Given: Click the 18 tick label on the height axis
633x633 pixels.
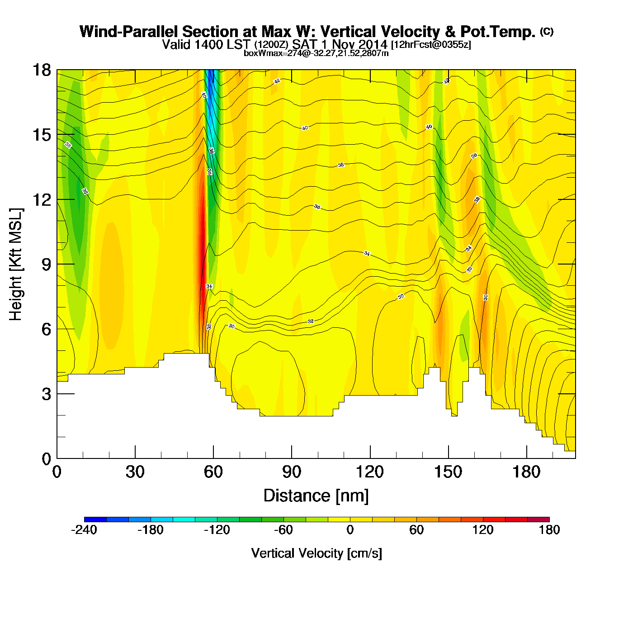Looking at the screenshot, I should point(41,70).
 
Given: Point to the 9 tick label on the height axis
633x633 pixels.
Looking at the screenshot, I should point(46,265).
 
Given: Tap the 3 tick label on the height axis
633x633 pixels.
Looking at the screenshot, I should point(46,394).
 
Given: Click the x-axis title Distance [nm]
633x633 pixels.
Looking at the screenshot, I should point(316,496).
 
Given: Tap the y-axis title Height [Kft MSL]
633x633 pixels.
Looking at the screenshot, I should point(16,265).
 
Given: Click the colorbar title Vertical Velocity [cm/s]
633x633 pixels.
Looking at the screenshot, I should point(316,553).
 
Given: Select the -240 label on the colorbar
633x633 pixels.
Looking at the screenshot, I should point(84,530).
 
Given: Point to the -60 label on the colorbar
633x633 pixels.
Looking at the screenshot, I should point(283,530).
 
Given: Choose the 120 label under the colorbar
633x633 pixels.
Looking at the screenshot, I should point(483,530).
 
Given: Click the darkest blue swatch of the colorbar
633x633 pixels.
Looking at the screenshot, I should point(95,519).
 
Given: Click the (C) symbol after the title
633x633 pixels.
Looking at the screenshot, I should point(547,31).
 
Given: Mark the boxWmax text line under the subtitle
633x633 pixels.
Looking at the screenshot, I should point(316,53).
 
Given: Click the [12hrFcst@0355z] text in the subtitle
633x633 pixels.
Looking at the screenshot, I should point(431,44).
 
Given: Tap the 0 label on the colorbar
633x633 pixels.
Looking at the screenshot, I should point(350,530).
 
